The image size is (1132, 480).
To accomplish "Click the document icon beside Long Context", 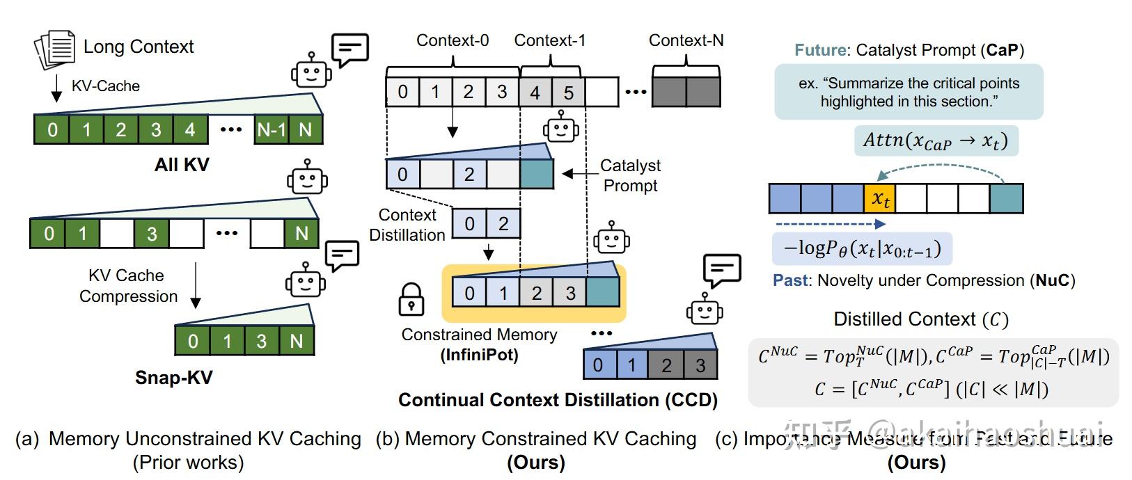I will point(54,49).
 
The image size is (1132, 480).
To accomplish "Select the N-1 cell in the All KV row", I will point(272,130).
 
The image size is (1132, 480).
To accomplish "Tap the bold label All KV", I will point(182,165).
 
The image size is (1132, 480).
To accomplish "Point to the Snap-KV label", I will point(173,378).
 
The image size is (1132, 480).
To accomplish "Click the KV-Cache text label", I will point(106,86).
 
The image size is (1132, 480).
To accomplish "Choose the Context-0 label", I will point(453,41).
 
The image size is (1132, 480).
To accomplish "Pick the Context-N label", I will point(686,41).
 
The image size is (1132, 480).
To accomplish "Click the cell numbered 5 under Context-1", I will point(569,93).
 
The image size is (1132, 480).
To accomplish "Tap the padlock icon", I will point(411,299).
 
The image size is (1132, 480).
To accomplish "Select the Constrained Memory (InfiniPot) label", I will point(479,344).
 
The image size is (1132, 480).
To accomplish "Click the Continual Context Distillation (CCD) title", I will point(558,400).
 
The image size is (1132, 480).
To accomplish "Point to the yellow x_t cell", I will point(879,199).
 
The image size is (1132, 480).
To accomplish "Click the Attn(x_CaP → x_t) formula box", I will point(935,141).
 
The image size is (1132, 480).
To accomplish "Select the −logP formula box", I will point(862,249).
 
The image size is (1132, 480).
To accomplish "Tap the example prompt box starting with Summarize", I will point(909,93).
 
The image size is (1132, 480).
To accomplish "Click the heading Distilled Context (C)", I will point(921,319).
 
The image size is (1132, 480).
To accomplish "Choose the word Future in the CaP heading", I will point(820,51).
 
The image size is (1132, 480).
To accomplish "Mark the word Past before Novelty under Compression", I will point(791,281).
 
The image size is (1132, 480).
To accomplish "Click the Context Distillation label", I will point(407,225).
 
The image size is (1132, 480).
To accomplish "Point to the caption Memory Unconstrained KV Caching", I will point(205,439).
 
